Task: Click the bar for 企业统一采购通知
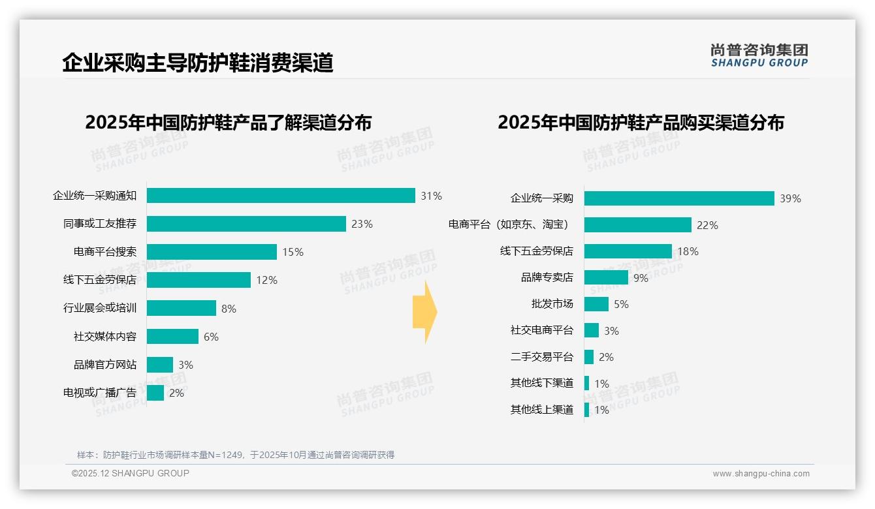281,196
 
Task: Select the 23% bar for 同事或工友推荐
246,224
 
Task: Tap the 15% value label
293,253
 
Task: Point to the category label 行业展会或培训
100,308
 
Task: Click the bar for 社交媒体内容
172,336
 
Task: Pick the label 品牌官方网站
105,365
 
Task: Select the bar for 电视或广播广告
155,393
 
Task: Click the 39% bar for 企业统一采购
679,198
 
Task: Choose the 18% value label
688,251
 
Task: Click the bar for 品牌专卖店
606,277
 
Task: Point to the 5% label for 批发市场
621,304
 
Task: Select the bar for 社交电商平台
592,330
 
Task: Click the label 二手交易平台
542,357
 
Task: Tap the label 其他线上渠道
542,410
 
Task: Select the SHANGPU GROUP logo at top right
759,55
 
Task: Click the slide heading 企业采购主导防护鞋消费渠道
198,63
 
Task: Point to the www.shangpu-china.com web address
761,474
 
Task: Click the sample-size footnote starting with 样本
236,455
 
